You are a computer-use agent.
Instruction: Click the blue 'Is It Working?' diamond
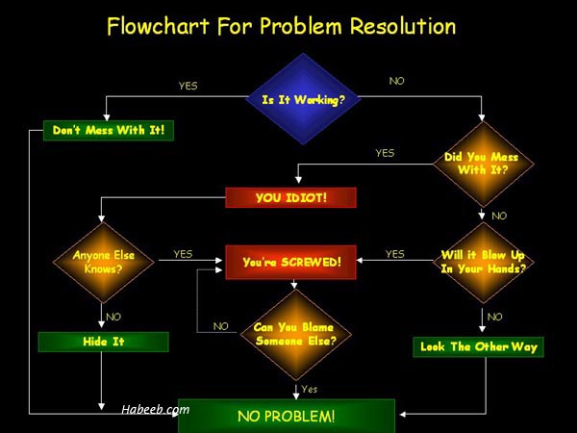coord(303,99)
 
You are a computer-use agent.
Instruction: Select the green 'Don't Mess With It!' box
coord(109,130)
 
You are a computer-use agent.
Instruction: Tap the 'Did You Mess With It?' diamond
coord(483,164)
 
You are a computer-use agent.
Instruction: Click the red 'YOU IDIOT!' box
coord(290,197)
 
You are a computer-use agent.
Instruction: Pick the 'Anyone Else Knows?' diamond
coord(104,262)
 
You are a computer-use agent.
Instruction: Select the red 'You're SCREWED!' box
coord(290,262)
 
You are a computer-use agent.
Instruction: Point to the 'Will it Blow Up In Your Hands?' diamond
coord(483,262)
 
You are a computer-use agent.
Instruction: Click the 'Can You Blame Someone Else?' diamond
coord(295,334)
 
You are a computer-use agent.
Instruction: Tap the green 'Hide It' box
coord(104,342)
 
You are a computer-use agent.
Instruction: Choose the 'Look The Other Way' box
coord(478,346)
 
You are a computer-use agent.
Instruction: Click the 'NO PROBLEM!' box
coord(287,416)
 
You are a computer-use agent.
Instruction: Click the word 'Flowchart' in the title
coord(158,26)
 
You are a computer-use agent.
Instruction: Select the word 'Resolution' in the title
coord(403,26)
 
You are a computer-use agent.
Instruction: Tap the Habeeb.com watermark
coord(155,410)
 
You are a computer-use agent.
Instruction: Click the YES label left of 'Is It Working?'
coord(188,86)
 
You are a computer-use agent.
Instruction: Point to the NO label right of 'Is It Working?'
coord(396,81)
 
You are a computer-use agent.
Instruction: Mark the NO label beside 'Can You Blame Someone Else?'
coord(221,326)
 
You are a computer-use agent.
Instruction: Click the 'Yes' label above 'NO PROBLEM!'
coord(309,389)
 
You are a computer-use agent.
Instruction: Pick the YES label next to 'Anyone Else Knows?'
coord(183,254)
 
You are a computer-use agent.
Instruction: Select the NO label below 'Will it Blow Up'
coord(494,317)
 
